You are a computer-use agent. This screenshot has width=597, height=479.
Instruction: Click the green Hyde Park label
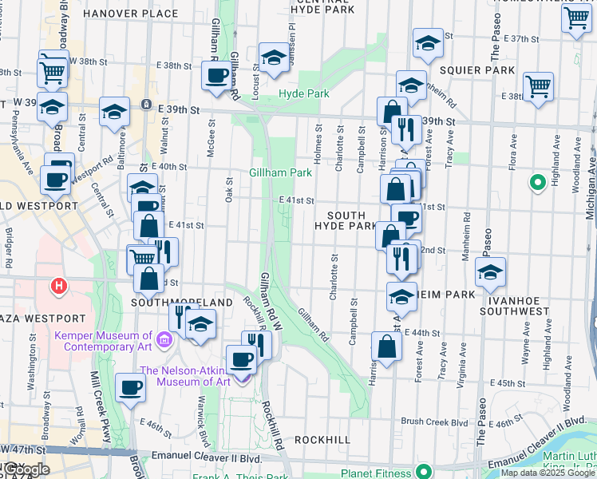(303, 94)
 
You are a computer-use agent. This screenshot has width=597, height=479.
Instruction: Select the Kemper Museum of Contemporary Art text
(103, 341)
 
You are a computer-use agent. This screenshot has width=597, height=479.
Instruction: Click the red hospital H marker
(57, 285)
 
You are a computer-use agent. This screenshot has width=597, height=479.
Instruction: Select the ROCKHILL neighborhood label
(323, 440)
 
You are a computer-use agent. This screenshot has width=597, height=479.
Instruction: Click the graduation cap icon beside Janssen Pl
(274, 57)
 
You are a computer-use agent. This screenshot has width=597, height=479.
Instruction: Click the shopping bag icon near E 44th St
(386, 347)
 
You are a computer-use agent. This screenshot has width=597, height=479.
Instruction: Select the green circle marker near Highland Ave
(537, 184)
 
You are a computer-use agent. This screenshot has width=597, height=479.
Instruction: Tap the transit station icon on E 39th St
(146, 105)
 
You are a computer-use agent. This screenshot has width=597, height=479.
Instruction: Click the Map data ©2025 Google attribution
(547, 473)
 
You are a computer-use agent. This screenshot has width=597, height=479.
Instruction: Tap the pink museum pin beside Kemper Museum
(164, 341)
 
